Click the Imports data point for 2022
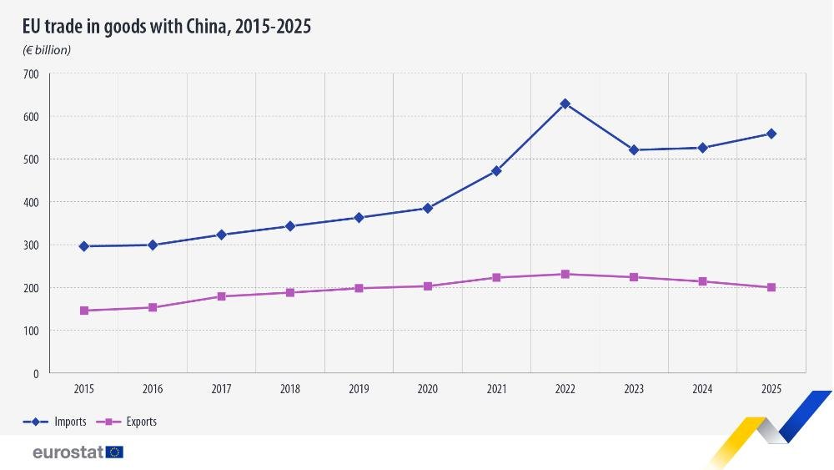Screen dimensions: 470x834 tap(565, 104)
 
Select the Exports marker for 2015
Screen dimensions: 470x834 tap(84, 311)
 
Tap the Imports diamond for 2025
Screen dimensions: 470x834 tap(771, 134)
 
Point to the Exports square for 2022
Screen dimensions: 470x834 tap(565, 274)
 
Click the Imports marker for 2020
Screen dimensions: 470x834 tap(428, 208)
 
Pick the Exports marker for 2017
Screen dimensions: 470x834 tap(222, 296)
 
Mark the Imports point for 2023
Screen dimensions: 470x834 tap(634, 150)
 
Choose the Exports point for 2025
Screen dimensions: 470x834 tap(771, 287)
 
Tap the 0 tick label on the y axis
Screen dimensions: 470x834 tap(36, 373)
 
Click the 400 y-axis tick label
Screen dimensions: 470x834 tap(31, 202)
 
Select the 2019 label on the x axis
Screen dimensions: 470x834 tap(359, 389)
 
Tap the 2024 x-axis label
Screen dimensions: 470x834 tap(702, 389)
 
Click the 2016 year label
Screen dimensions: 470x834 tap(153, 389)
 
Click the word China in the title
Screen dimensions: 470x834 tap(208, 27)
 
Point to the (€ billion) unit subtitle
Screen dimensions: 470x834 tap(47, 50)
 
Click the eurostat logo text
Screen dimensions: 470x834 tap(68, 452)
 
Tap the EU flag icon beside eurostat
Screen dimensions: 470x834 tap(115, 452)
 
